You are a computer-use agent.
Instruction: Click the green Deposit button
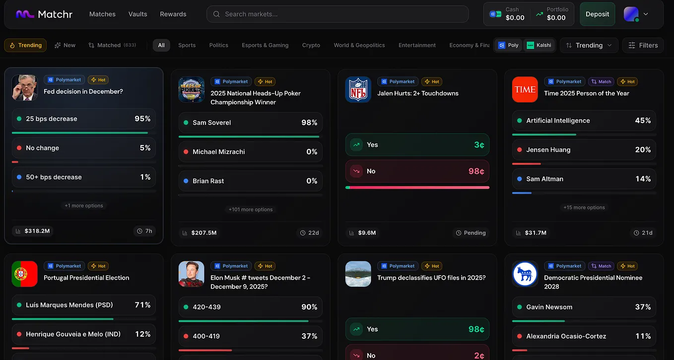[x=597, y=14]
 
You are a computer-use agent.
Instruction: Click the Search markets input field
[x=337, y=14]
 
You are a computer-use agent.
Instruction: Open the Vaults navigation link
[x=137, y=14]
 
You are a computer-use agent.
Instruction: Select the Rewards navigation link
[x=173, y=14]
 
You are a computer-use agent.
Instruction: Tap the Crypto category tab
[x=311, y=45]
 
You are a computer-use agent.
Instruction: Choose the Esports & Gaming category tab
[x=265, y=45]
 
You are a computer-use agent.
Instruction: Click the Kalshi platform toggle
[x=539, y=45]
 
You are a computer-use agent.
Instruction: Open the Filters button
[x=643, y=45]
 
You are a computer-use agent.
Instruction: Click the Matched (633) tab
[x=112, y=45]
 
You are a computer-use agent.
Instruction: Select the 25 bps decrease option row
[x=84, y=119]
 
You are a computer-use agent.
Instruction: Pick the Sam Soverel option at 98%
[x=250, y=123]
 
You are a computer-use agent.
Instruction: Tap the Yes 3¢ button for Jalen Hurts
[x=417, y=145]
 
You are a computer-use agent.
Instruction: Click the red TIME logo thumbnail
[x=525, y=89]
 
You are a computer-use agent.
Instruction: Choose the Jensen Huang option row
[x=584, y=149]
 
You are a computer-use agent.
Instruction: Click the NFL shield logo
[x=358, y=89]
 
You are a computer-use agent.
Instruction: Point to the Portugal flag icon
[x=25, y=274]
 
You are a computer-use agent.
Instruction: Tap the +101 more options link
[x=250, y=210]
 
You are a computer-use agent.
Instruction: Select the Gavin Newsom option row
[x=584, y=307]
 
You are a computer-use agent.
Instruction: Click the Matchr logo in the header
[x=44, y=14]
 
